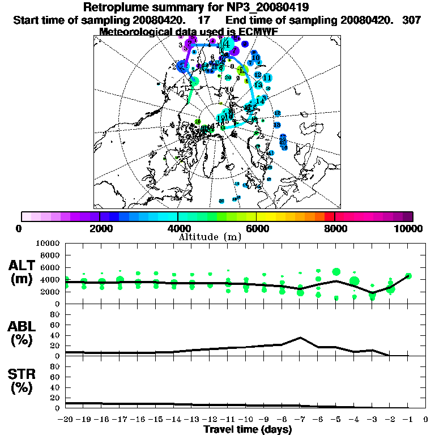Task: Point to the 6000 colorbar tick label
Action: pyautogui.click(x=256, y=228)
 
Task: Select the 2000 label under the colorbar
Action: pyautogui.click(x=99, y=228)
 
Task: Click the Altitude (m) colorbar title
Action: pyautogui.click(x=210, y=236)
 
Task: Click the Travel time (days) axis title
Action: pyautogui.click(x=248, y=429)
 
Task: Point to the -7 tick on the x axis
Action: pyautogui.click(x=300, y=420)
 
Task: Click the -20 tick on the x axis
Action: pyautogui.click(x=65, y=420)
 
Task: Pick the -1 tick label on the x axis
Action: pyautogui.click(x=408, y=420)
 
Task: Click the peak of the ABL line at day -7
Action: pyautogui.click(x=300, y=338)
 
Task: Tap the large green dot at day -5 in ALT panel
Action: pyautogui.click(x=336, y=272)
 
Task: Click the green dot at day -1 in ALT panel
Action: pyautogui.click(x=408, y=276)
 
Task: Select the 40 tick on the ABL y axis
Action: pyautogui.click(x=56, y=335)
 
